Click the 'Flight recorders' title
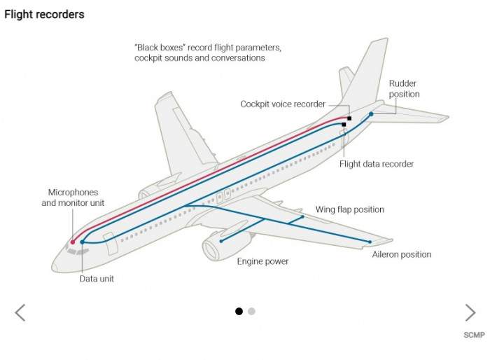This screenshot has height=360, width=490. pyautogui.click(x=44, y=14)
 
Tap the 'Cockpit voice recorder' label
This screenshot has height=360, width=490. pyautogui.click(x=283, y=104)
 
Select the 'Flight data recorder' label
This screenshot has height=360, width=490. pyautogui.click(x=377, y=164)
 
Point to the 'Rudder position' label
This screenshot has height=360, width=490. pyautogui.click(x=404, y=89)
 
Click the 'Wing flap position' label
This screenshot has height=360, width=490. pyautogui.click(x=349, y=209)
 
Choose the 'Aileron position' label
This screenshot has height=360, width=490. pyautogui.click(x=401, y=254)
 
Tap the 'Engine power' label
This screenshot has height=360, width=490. pyautogui.click(x=262, y=261)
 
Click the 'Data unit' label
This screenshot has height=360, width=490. pyautogui.click(x=97, y=278)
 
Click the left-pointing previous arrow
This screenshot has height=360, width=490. pyautogui.click(x=20, y=312)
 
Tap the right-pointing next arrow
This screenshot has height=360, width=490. pyautogui.click(x=470, y=312)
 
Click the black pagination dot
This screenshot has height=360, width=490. pyautogui.click(x=239, y=312)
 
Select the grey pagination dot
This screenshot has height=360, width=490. pyautogui.click(x=251, y=312)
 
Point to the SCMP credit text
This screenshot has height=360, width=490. pyautogui.click(x=474, y=335)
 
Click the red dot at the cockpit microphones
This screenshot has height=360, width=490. pyautogui.click(x=73, y=242)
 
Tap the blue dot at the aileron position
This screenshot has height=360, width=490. pyautogui.click(x=369, y=242)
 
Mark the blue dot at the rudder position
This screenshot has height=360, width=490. pyautogui.click(x=372, y=113)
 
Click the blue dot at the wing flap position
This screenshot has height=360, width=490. pyautogui.click(x=302, y=217)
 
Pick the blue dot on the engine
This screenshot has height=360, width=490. pyautogui.click(x=221, y=241)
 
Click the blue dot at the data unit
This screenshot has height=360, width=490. pyautogui.click(x=82, y=242)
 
